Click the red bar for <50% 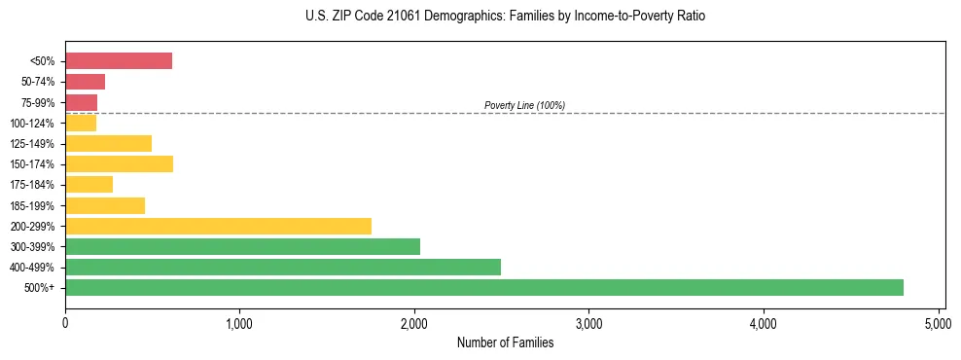[119, 61]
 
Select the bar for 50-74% [85, 82]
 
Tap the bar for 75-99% [81, 102]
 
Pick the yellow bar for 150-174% [119, 163]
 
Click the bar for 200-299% [218, 226]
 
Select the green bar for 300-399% [242, 246]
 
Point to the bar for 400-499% [283, 267]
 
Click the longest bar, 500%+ [484, 287]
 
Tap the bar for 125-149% [108, 143]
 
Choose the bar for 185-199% [105, 205]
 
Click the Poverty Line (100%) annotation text [524, 105]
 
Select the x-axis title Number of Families [505, 343]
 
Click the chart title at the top [505, 17]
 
